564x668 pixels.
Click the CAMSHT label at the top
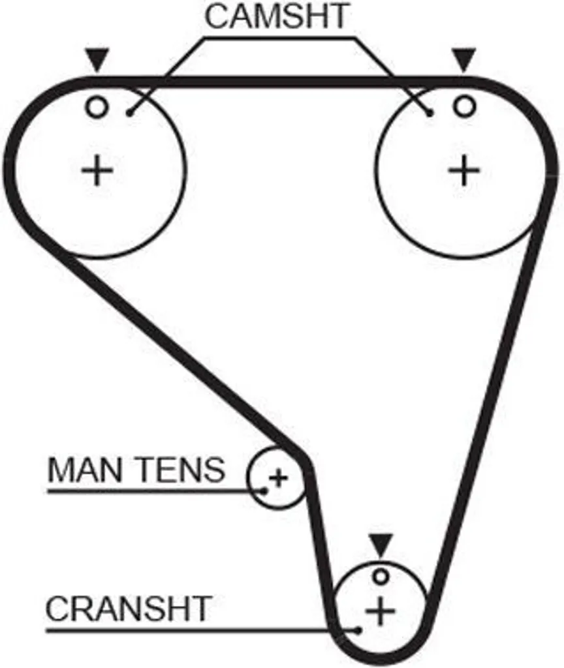277,16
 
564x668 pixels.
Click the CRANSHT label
129,609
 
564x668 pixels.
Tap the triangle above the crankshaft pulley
381,545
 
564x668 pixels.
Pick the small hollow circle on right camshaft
464,106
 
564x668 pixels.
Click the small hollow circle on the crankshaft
381,577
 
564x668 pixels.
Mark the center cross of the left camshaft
97,170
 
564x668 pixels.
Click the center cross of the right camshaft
464,170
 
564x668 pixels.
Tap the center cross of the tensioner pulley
279,478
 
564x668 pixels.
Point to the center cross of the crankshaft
381,611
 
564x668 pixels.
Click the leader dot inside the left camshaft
130,113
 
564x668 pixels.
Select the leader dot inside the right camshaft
430,114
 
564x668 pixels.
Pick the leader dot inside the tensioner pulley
264,491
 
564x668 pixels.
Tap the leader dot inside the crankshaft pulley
359,630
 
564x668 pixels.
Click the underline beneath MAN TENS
155,492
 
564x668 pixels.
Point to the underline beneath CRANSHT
202,630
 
